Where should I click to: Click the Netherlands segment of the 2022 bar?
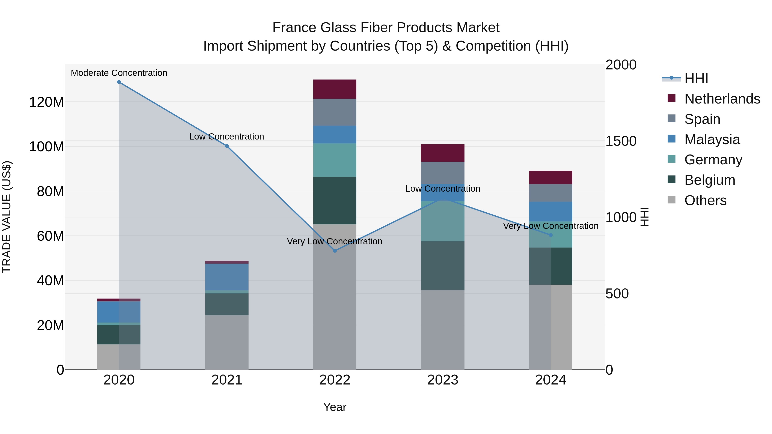pos(335,89)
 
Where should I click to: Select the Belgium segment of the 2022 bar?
pos(335,200)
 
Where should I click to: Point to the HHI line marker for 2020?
pos(119,82)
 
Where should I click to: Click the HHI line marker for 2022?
pos(335,251)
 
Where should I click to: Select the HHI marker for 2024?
pos(550,235)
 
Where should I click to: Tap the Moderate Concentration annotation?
pos(119,73)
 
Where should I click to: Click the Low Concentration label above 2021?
pos(227,137)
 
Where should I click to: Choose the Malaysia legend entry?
pos(712,140)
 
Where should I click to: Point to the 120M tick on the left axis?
pos(47,102)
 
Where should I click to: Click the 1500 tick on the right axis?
pos(621,141)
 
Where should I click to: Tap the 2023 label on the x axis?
pos(443,380)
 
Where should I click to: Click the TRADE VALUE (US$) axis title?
pos(7,217)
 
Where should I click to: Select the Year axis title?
pos(335,407)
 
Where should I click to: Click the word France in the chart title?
pos(294,28)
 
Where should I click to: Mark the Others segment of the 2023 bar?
pos(443,329)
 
